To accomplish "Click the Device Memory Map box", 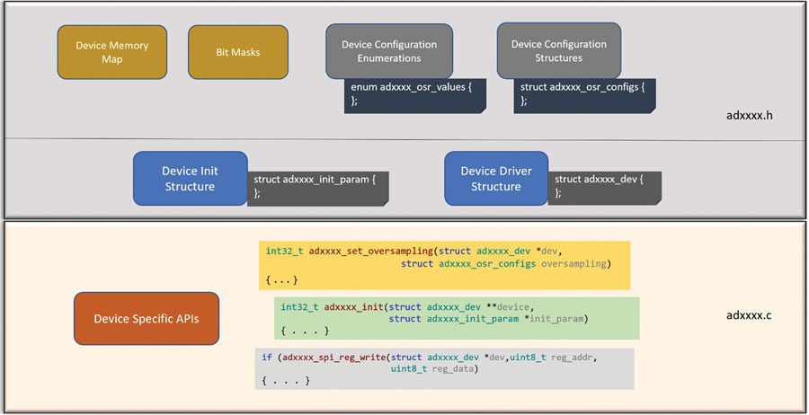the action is pyautogui.click(x=112, y=52).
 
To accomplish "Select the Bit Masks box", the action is pyautogui.click(x=238, y=52).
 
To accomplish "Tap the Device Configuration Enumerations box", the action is pyautogui.click(x=389, y=51).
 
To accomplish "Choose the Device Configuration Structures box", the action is pyautogui.click(x=559, y=50).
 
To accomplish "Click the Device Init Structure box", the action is pyautogui.click(x=190, y=179).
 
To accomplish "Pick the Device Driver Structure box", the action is pyautogui.click(x=496, y=179).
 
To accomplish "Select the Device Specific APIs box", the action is pyautogui.click(x=147, y=319).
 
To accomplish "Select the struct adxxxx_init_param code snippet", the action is pyautogui.click(x=318, y=189).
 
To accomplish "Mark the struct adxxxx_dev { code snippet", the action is pyautogui.click(x=605, y=189).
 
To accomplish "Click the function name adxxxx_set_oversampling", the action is pyautogui.click(x=371, y=252).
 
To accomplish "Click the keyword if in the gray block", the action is pyautogui.click(x=267, y=358).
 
